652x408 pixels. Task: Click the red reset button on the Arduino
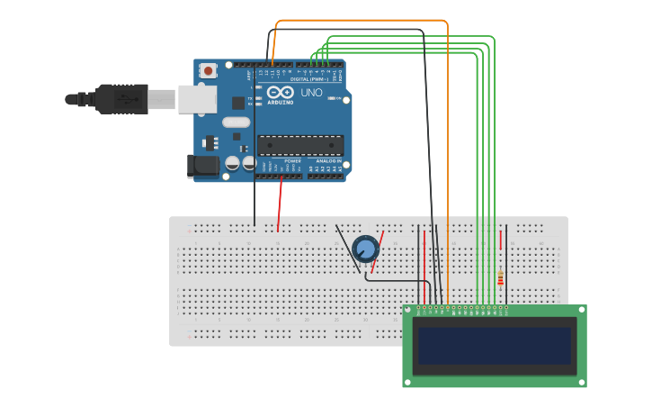tap(209, 70)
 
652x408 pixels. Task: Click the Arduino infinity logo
tap(280, 93)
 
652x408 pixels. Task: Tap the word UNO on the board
tap(311, 93)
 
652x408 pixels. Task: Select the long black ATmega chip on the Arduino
tap(300, 144)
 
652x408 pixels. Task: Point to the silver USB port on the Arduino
tap(197, 99)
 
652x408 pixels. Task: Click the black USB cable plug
tap(121, 98)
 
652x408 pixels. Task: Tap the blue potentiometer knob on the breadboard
tap(366, 249)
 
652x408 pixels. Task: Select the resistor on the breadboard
tap(500, 278)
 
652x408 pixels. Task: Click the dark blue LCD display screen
tap(494, 345)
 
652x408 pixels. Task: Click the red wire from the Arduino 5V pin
tap(280, 203)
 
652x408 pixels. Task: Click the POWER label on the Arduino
tap(293, 161)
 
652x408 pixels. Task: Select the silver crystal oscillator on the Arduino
tap(236, 122)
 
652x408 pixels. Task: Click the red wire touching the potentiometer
tap(378, 252)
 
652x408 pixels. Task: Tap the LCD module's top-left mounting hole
tap(409, 311)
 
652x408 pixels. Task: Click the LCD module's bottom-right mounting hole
tap(580, 381)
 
